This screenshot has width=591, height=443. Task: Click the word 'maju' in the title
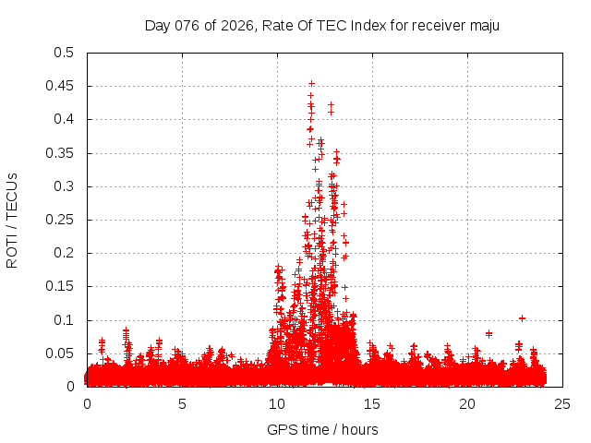pyautogui.click(x=483, y=26)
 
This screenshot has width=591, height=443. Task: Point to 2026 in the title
pyautogui.click(x=239, y=26)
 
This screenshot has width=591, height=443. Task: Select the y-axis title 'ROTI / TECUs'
pyautogui.click(x=12, y=220)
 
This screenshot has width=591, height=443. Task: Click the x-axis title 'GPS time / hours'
pyautogui.click(x=322, y=429)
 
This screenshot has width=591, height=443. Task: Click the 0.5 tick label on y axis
pyautogui.click(x=63, y=53)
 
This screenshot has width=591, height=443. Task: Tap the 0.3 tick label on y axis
pyautogui.click(x=63, y=186)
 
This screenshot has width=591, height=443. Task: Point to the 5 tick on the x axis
pyautogui.click(x=182, y=403)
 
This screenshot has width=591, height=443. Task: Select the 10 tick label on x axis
pyautogui.click(x=277, y=403)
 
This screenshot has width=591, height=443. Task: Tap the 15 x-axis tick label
pyautogui.click(x=372, y=403)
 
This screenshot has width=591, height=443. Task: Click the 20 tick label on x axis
pyautogui.click(x=467, y=403)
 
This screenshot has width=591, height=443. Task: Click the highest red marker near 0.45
pyautogui.click(x=311, y=84)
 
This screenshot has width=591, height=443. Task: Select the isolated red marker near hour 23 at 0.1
pyautogui.click(x=522, y=318)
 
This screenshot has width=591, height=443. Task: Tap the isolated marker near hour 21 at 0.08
pyautogui.click(x=488, y=333)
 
